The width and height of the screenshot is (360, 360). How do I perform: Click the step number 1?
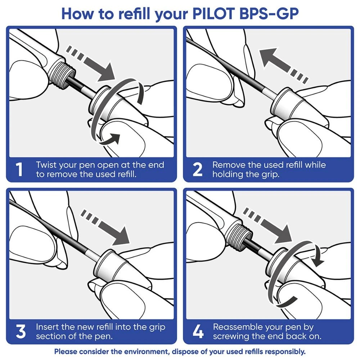coord(21,170)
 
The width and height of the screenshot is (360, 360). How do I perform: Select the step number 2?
coord(197,170)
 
